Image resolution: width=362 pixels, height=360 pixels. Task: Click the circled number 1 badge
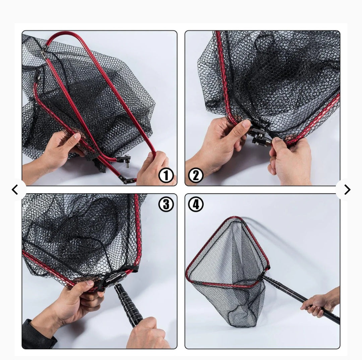click(x=166, y=175)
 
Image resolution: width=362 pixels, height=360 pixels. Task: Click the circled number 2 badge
click(x=196, y=175)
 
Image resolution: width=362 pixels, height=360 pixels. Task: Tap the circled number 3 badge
click(x=166, y=204)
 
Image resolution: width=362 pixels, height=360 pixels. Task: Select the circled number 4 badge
click(x=196, y=204)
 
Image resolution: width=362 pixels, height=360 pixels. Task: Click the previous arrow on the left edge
click(x=15, y=190)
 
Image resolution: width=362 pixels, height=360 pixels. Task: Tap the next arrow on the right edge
click(x=347, y=190)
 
